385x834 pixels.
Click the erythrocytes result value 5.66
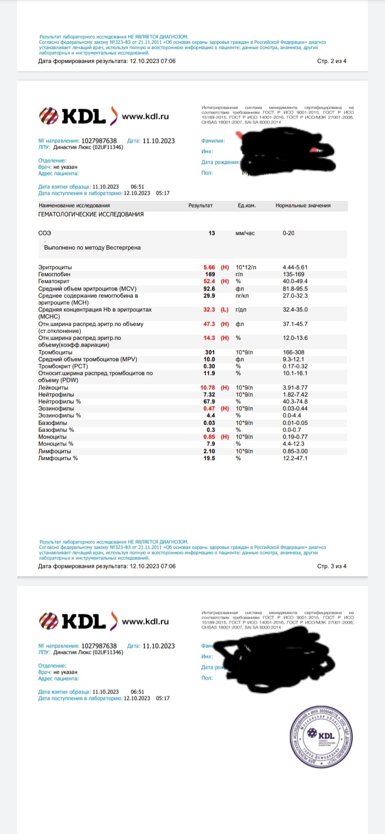[208, 267]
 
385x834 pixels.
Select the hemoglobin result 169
[210, 274]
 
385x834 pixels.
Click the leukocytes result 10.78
[206, 387]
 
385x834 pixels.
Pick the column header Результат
[201, 205]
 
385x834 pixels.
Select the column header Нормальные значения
[303, 205]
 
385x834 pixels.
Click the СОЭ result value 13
[212, 234]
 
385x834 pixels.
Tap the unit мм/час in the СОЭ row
[245, 234]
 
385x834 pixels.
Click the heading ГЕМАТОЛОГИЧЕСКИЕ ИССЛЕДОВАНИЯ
[91, 214]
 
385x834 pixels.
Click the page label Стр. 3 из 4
[332, 566]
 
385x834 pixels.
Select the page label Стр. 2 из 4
[332, 61]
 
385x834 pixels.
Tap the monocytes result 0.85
[208, 436]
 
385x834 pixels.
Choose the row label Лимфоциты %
[58, 458]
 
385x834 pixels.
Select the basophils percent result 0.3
[211, 429]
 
